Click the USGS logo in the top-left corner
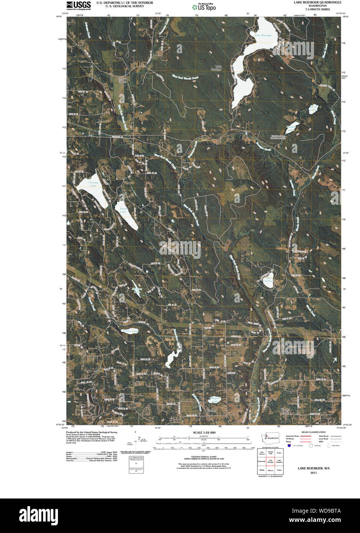(x=78, y=5)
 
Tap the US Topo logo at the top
(x=204, y=7)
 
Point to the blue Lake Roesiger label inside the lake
(x=263, y=35)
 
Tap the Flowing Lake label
(x=93, y=184)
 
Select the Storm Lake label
(x=123, y=210)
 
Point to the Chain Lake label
(x=130, y=331)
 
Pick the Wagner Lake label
(x=215, y=400)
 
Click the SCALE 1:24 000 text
(x=201, y=433)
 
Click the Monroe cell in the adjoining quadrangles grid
(x=271, y=470)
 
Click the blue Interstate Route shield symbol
(x=289, y=446)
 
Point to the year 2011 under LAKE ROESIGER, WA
(x=314, y=473)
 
